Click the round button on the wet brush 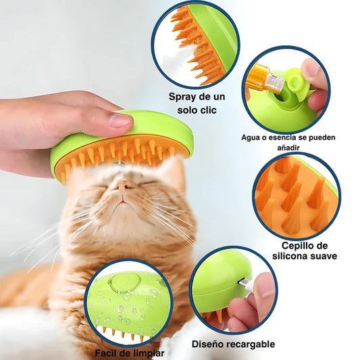coord(121,283)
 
